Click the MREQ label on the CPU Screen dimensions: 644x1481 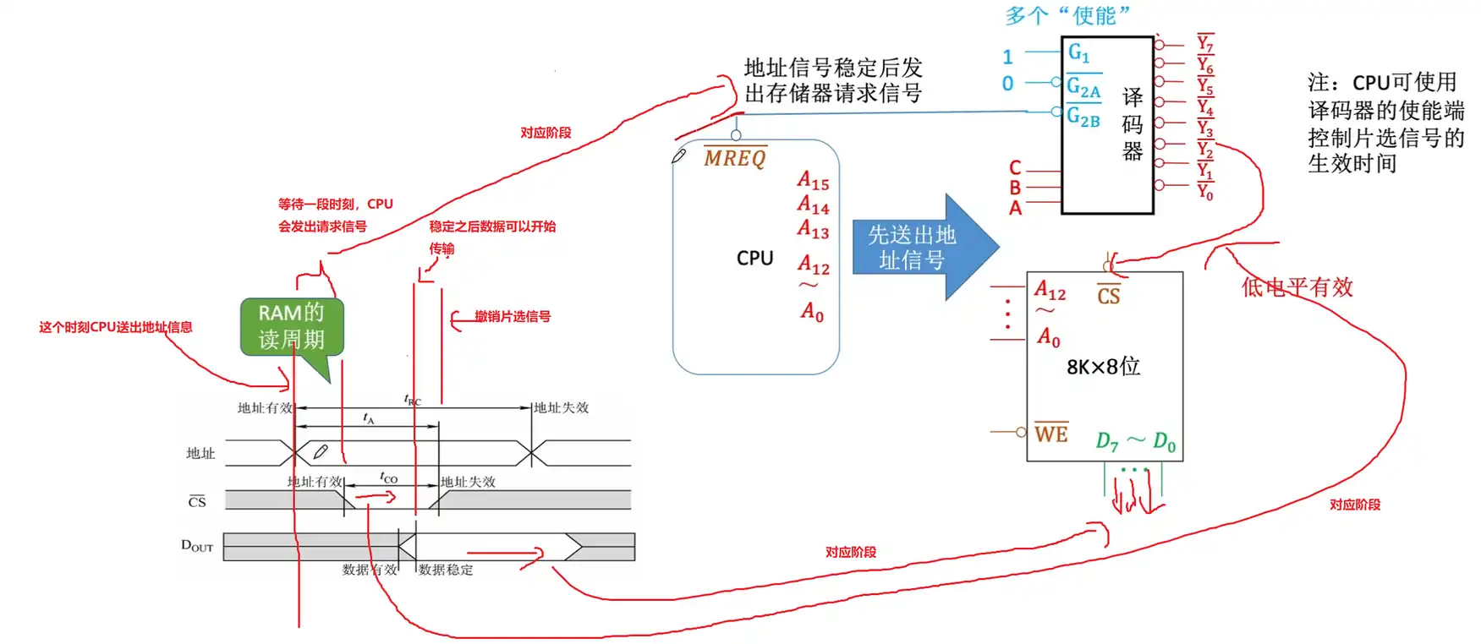(x=734, y=158)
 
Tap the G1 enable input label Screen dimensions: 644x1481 (x=1078, y=53)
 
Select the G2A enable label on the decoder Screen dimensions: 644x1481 (x=1083, y=87)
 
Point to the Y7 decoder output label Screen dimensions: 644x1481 (x=1205, y=43)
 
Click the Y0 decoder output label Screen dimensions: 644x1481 (x=1205, y=192)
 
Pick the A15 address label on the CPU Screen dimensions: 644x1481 (x=813, y=181)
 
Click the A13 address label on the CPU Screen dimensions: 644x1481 (x=813, y=229)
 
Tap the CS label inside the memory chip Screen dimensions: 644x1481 (x=1108, y=295)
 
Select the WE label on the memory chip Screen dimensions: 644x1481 (x=1050, y=434)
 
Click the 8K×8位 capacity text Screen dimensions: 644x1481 (x=1103, y=367)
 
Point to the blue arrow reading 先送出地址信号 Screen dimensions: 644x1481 (x=918, y=247)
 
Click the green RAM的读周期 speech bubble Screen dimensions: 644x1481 (x=291, y=327)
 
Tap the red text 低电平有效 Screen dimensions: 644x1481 (x=1297, y=287)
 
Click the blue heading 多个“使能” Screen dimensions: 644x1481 (x=1067, y=15)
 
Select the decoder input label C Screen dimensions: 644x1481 (x=1015, y=167)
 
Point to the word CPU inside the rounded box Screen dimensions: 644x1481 (x=754, y=258)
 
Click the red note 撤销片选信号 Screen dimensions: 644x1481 (x=512, y=316)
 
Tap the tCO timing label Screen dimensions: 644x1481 (x=388, y=478)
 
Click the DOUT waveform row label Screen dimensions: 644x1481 (x=197, y=546)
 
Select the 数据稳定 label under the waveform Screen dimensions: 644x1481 (x=446, y=570)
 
